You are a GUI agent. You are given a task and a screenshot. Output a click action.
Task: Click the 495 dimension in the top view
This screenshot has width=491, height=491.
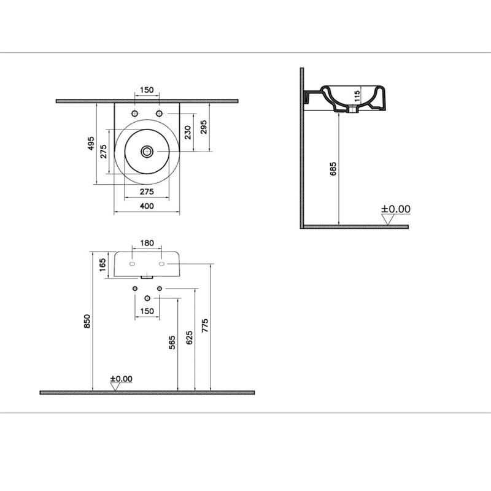(x=90, y=144)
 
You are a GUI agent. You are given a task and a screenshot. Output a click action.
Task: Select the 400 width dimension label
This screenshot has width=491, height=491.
(x=147, y=206)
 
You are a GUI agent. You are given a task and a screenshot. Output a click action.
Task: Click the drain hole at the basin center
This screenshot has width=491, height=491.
(x=147, y=151)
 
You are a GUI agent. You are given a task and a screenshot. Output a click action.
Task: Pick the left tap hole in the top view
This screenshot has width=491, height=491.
(x=134, y=114)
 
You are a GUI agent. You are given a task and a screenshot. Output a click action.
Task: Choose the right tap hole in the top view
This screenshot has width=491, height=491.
(x=160, y=114)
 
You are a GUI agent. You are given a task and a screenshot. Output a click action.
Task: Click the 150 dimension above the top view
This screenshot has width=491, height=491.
(x=147, y=90)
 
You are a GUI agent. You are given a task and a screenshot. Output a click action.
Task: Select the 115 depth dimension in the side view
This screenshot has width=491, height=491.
(x=354, y=96)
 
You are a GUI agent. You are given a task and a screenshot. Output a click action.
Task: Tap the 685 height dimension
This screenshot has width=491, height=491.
(x=333, y=169)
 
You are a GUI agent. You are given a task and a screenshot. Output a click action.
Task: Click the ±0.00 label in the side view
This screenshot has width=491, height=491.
(x=396, y=209)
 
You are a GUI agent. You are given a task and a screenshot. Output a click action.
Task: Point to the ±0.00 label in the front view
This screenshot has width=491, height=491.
(x=121, y=379)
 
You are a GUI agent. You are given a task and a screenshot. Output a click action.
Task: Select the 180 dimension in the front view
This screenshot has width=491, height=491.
(x=147, y=243)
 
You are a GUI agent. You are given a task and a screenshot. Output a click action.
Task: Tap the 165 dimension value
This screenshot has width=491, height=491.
(x=103, y=265)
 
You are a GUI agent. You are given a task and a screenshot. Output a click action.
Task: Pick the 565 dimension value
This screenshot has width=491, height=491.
(x=172, y=342)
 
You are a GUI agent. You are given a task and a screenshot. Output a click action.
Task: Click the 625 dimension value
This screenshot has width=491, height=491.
(x=189, y=336)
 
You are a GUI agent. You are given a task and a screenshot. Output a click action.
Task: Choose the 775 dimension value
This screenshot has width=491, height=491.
(x=205, y=325)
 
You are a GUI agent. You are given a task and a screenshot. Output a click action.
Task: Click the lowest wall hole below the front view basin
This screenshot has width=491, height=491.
(x=147, y=298)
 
